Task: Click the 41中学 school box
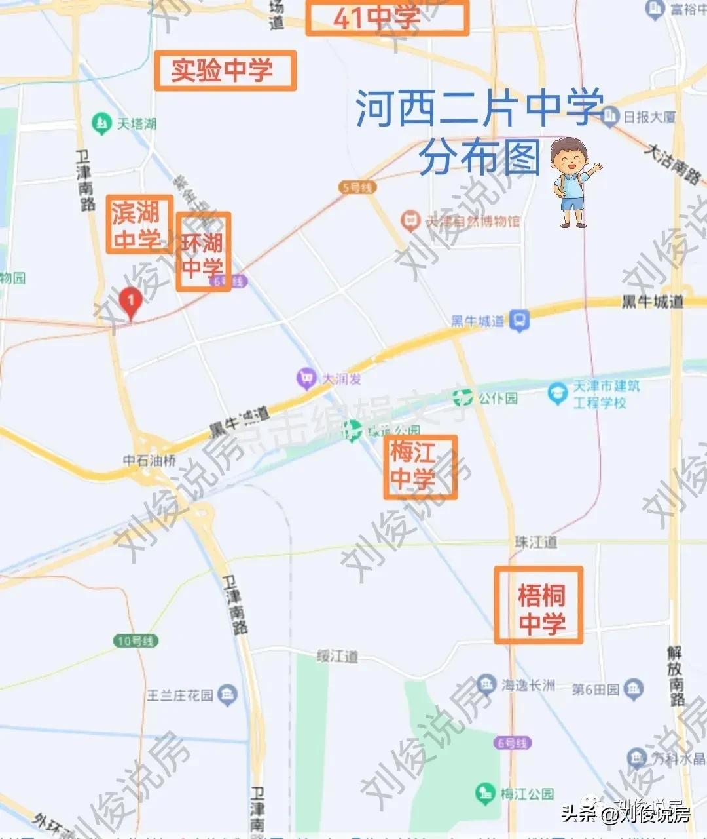click(x=388, y=18)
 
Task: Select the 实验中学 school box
click(x=225, y=70)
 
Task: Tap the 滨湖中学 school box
click(x=139, y=225)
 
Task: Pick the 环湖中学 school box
click(x=204, y=252)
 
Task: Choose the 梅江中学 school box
click(x=420, y=467)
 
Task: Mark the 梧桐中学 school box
click(x=539, y=605)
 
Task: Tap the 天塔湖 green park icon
click(x=101, y=123)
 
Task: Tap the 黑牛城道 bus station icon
click(x=520, y=321)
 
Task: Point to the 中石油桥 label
click(x=150, y=460)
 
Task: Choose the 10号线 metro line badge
click(x=136, y=640)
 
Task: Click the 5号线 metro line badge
click(x=357, y=187)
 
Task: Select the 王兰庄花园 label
click(x=180, y=694)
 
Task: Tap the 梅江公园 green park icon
click(x=485, y=793)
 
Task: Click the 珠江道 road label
click(x=535, y=542)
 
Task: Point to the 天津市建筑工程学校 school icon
click(x=558, y=393)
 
